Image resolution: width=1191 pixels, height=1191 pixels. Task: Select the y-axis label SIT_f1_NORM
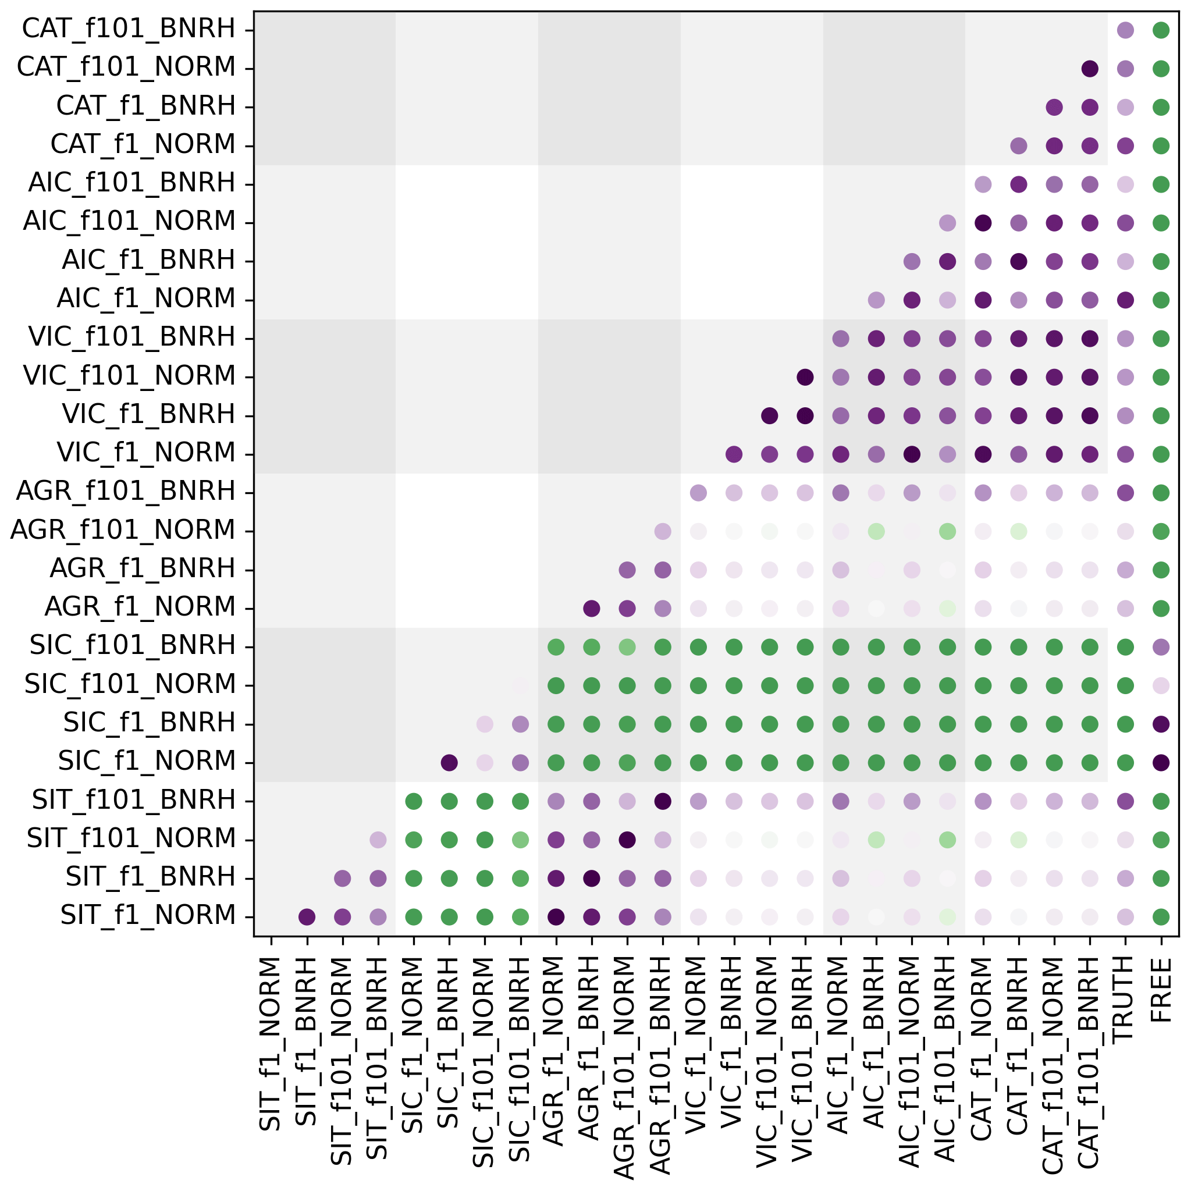[x=148, y=915]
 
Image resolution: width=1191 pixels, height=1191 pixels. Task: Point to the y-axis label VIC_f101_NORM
[x=129, y=376]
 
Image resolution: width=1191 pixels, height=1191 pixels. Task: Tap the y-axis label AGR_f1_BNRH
[x=143, y=569]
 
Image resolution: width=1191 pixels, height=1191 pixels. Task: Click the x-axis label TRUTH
[x=1125, y=998]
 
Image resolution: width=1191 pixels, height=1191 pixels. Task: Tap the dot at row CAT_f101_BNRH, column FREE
[x=1161, y=30]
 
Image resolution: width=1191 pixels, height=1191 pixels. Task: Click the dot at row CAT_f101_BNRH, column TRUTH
[x=1125, y=30]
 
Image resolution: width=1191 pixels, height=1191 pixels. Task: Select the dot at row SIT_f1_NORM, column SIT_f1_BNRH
[x=307, y=918]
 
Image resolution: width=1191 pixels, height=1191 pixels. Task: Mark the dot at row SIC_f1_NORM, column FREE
[x=1161, y=763]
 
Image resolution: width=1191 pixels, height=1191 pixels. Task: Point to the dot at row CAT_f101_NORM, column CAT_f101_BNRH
[x=1089, y=69]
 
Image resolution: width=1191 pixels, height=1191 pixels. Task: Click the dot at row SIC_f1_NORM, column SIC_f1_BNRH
[x=449, y=763]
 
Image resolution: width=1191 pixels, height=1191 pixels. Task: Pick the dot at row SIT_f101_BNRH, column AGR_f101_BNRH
[x=663, y=801]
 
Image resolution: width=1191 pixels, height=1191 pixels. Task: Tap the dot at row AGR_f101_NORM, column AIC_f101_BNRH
[x=947, y=531]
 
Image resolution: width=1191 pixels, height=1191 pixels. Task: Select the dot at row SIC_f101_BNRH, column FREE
[x=1161, y=646]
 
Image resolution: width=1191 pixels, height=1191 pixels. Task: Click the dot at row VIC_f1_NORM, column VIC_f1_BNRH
[x=734, y=454]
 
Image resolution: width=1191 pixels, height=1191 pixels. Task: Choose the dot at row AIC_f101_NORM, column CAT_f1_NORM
[x=983, y=222]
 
